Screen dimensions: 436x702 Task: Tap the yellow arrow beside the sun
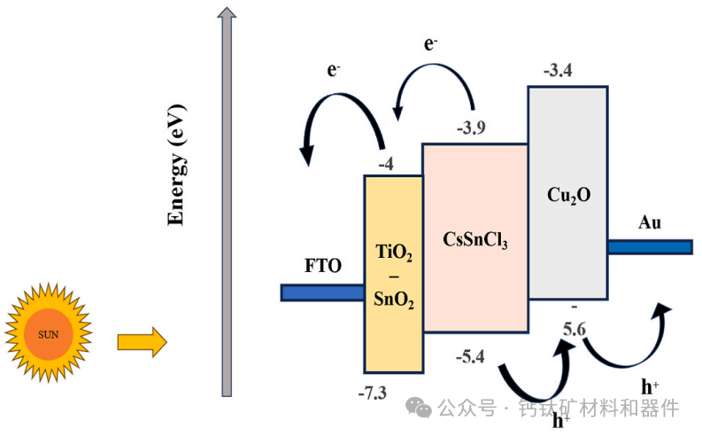142,341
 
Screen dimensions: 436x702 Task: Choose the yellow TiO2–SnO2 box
392,275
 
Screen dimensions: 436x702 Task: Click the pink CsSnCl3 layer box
474,237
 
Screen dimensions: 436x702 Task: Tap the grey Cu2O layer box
567,193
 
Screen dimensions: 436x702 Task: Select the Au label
649,222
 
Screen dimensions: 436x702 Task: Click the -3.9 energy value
470,128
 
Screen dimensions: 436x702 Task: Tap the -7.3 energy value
373,393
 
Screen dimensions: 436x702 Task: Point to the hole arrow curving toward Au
625,341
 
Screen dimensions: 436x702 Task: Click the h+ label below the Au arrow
650,385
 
